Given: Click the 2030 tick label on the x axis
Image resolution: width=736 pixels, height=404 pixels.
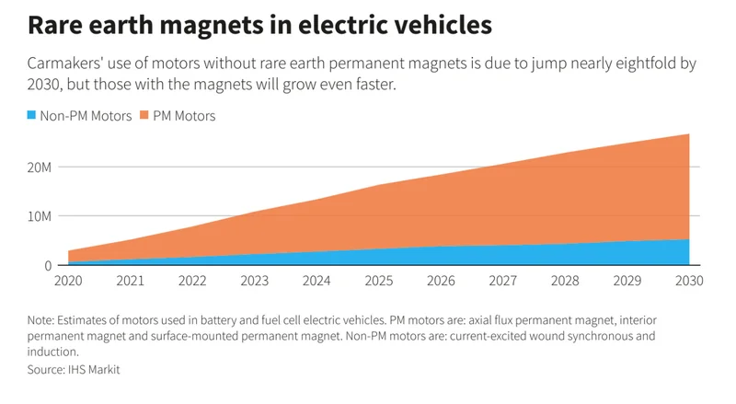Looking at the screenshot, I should coord(689,280).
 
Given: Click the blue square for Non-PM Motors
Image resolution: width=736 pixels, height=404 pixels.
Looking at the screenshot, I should coord(32,116).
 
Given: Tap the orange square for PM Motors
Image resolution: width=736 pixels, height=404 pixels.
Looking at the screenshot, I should coord(143,116).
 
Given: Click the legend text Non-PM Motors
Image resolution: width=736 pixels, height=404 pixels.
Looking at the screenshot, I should coord(86,116).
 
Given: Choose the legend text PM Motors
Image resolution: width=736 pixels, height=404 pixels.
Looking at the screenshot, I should coord(183,116).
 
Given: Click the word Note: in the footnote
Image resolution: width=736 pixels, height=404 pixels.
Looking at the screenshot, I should coord(42,320).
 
